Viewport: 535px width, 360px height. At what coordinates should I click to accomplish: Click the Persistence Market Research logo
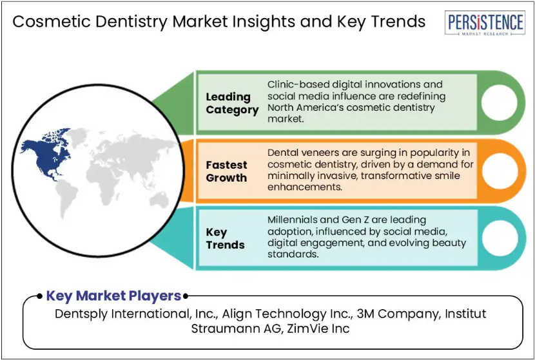(x=485, y=23)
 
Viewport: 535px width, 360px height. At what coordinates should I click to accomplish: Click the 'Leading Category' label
(x=232, y=103)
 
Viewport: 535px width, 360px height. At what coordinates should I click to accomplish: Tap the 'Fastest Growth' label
(x=226, y=171)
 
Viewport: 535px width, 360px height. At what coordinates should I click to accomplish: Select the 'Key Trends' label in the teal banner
(x=225, y=239)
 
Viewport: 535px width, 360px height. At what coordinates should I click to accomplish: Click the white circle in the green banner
(x=499, y=102)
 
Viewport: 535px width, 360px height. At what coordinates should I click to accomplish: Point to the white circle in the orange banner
(x=500, y=171)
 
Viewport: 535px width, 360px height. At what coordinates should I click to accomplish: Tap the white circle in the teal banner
(x=500, y=238)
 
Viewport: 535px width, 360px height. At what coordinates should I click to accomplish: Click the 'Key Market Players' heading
(x=113, y=296)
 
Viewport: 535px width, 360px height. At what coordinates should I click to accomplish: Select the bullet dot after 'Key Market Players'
(x=185, y=296)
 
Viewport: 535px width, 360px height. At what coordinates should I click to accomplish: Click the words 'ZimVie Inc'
(x=318, y=328)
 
